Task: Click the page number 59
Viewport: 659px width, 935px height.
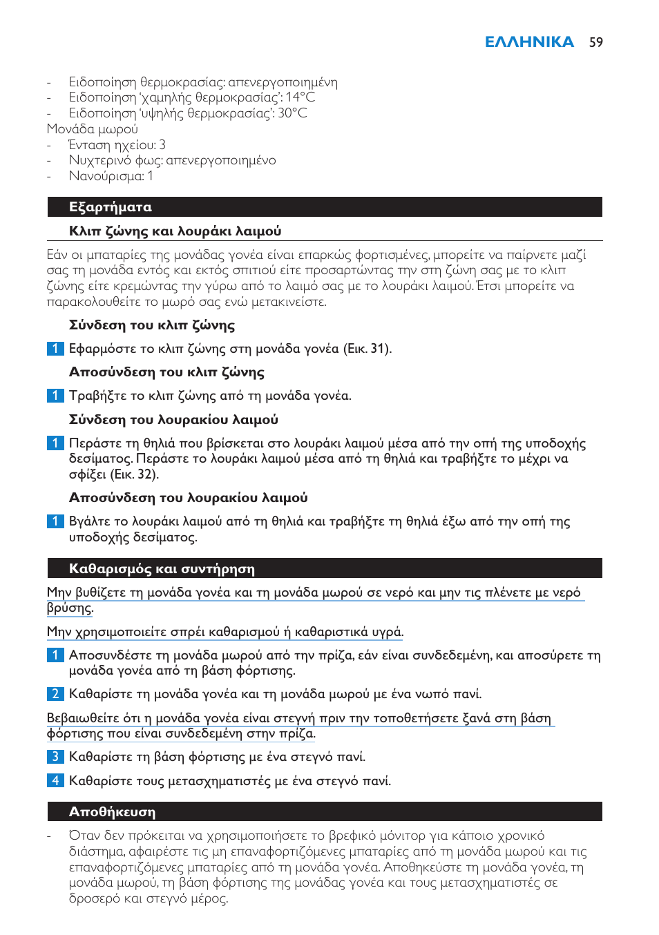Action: [595, 42]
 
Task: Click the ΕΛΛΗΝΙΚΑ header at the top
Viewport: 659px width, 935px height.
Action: [529, 42]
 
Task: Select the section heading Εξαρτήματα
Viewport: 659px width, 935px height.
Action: [111, 207]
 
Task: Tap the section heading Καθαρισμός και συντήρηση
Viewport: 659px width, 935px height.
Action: [162, 569]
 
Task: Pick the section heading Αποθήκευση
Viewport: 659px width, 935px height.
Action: [112, 812]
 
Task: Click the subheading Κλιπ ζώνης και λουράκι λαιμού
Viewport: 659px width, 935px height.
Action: [175, 231]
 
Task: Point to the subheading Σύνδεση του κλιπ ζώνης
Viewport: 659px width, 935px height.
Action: [152, 325]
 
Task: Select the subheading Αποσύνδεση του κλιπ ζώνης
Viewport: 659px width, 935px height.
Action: [166, 372]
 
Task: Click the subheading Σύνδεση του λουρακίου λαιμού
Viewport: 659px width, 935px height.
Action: [173, 420]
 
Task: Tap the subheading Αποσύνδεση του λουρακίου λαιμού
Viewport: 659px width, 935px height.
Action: [188, 498]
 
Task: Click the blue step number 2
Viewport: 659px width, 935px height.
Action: [55, 694]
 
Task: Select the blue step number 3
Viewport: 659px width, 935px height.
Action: [55, 757]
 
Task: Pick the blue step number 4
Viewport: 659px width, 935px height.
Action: [55, 781]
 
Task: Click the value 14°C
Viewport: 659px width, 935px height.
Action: [300, 97]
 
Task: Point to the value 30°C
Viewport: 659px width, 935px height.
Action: [292, 113]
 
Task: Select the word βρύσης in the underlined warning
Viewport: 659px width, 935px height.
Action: [69, 608]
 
